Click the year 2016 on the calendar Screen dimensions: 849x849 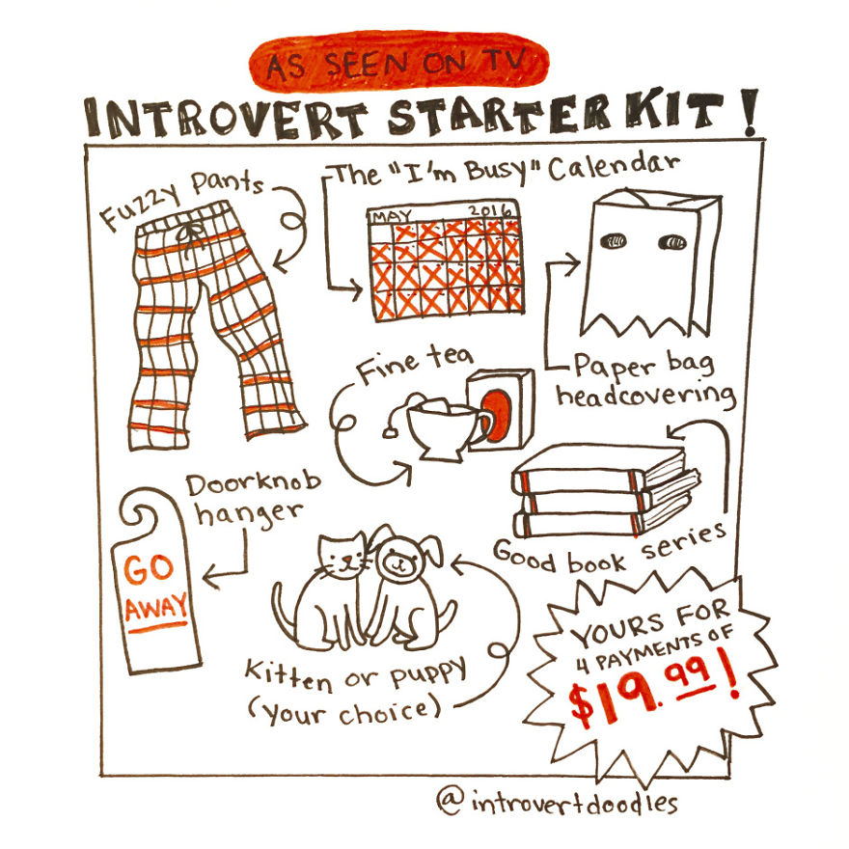pos(490,210)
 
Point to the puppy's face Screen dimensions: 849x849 pos(397,559)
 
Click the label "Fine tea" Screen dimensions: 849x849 pos(414,370)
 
